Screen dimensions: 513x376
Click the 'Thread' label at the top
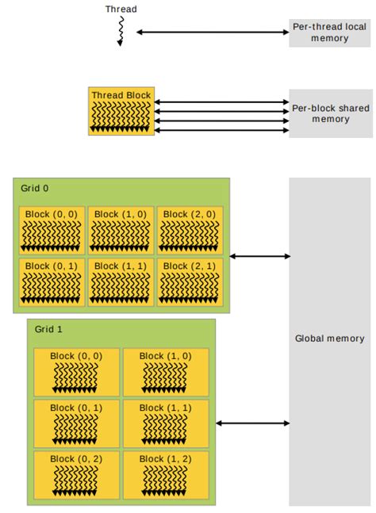coord(121,10)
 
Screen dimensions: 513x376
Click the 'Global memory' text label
coord(329,339)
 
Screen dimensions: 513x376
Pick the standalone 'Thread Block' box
coord(121,111)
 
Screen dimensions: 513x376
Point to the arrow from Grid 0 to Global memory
coord(259,256)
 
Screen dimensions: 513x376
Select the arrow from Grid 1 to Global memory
coord(252,423)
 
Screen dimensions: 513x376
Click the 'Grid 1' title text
coord(48,327)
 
